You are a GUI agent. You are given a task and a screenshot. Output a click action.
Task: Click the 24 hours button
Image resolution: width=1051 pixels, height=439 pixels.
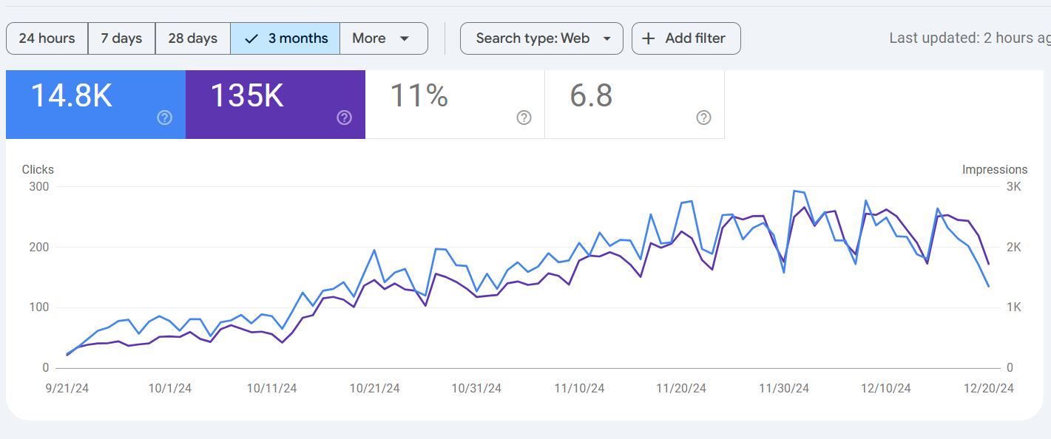point(47,38)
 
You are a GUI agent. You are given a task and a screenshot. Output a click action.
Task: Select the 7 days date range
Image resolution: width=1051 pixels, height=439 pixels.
point(121,38)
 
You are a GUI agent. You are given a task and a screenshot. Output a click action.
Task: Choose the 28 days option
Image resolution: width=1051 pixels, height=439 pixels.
point(192,38)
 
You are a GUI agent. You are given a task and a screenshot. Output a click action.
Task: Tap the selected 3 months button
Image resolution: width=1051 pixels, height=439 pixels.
point(285,38)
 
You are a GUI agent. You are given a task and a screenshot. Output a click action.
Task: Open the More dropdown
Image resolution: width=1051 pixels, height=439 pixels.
point(382,38)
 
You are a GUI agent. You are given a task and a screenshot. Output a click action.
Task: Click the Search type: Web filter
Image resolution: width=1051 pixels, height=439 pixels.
point(541,38)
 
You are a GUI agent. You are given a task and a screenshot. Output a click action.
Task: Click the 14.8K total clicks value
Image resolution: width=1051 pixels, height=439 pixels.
point(71,96)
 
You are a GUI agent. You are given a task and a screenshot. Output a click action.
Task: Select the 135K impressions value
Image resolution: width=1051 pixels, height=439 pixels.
point(247,96)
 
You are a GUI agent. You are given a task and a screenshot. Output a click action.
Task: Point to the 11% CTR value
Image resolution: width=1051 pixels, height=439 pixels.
point(419,96)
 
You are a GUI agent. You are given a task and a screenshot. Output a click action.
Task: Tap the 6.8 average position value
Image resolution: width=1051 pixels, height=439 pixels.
point(591,96)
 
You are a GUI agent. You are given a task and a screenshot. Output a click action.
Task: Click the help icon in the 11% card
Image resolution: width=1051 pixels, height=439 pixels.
point(524,118)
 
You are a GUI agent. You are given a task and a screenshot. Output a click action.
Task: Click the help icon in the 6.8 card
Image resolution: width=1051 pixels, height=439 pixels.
point(704,118)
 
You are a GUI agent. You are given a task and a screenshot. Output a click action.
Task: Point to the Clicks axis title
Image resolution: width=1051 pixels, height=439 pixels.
point(38,170)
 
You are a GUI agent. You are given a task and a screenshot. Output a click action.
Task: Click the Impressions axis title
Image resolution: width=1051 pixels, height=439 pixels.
point(995,170)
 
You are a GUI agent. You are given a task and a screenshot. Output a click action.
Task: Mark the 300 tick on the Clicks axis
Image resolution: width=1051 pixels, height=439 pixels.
point(38,187)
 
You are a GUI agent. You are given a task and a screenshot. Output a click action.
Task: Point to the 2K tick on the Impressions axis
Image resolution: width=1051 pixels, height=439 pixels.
point(1013,248)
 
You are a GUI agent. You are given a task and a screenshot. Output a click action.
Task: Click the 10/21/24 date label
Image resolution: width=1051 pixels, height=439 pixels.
point(374,389)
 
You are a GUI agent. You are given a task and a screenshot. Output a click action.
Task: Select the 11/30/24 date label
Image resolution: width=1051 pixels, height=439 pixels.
point(785,389)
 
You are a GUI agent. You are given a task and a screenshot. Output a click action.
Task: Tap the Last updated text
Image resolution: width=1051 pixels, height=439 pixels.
point(969,38)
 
